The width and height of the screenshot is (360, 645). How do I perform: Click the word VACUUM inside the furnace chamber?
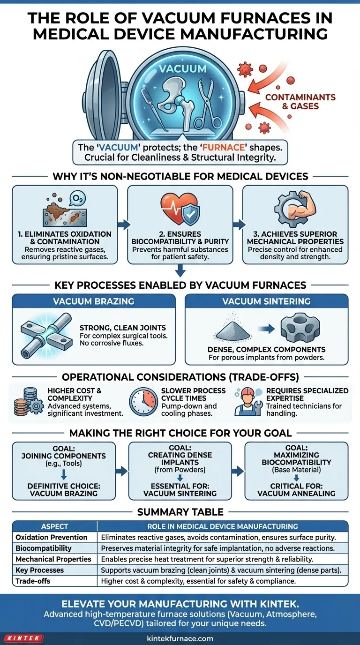[x=182, y=68]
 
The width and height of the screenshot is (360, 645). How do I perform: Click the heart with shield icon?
[x=180, y=207]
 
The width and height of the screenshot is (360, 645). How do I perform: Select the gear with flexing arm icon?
[x=294, y=206]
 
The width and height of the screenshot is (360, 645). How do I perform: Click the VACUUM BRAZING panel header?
[x=93, y=302]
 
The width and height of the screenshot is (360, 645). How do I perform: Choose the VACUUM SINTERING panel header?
[x=266, y=302]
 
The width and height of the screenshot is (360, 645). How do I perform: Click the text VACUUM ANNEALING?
[x=296, y=493]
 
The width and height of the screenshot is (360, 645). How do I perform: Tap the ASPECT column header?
[x=54, y=526]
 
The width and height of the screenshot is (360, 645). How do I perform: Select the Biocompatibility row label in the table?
[x=44, y=548]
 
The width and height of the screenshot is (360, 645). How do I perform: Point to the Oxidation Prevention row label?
[x=52, y=537]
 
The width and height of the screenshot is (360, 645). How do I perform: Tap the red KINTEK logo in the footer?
[x=23, y=638]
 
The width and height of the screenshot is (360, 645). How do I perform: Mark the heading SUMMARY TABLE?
[x=180, y=512]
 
